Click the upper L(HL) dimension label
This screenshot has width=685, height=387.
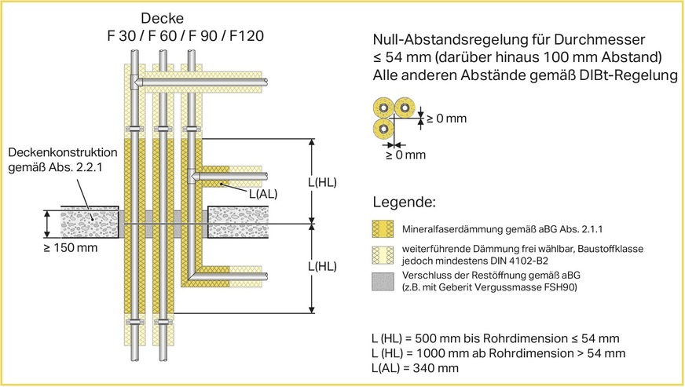pyautogui.click(x=321, y=183)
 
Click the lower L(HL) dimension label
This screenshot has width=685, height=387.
pyautogui.click(x=321, y=266)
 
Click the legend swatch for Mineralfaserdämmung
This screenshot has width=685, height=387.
pyautogui.click(x=383, y=228)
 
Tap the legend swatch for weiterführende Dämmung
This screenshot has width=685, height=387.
pyautogui.click(x=383, y=253)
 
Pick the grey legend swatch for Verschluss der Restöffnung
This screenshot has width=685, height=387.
pyautogui.click(x=383, y=279)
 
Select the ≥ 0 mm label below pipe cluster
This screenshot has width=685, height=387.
pyautogui.click(x=405, y=155)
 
